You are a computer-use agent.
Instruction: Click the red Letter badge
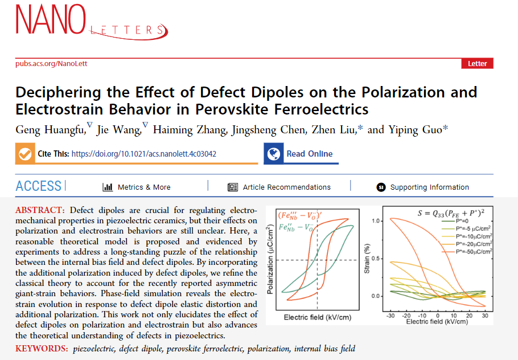click(x=477, y=63)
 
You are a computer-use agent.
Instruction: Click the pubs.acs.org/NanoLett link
click(x=51, y=64)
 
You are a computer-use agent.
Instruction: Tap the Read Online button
click(x=301, y=154)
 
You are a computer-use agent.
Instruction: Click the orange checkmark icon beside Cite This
click(x=24, y=154)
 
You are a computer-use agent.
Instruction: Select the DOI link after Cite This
click(x=143, y=154)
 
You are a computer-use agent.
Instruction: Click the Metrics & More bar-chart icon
click(x=107, y=187)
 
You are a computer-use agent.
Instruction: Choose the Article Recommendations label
click(x=286, y=187)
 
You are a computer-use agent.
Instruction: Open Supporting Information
click(x=429, y=187)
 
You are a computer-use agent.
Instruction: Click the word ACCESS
click(x=39, y=186)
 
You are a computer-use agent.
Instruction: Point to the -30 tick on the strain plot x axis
click(x=390, y=315)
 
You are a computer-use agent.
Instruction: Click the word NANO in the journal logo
click(x=51, y=21)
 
